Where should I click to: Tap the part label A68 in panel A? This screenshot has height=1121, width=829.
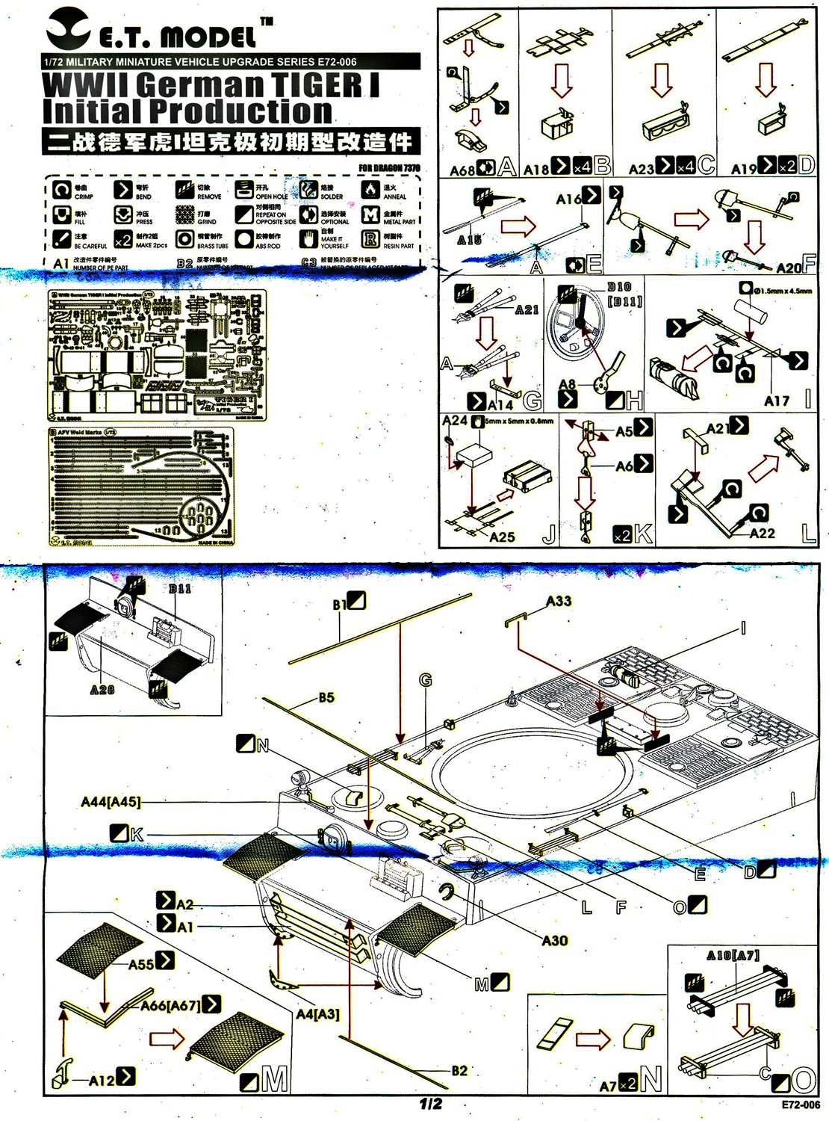click(462, 170)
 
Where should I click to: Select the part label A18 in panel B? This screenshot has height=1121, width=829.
click(536, 169)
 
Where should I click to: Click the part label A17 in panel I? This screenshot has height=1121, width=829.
click(776, 401)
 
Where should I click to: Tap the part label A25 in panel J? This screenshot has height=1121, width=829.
click(502, 536)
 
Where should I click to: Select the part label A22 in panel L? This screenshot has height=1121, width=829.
click(762, 533)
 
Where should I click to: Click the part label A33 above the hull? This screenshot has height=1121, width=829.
click(559, 601)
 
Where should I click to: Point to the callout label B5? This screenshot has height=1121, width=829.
click(326, 698)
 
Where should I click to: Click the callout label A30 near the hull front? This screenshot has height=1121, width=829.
click(554, 940)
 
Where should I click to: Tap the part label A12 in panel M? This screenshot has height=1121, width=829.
click(102, 1079)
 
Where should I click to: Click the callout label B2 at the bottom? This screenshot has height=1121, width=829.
click(459, 1070)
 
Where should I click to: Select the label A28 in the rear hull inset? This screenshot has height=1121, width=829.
click(102, 689)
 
